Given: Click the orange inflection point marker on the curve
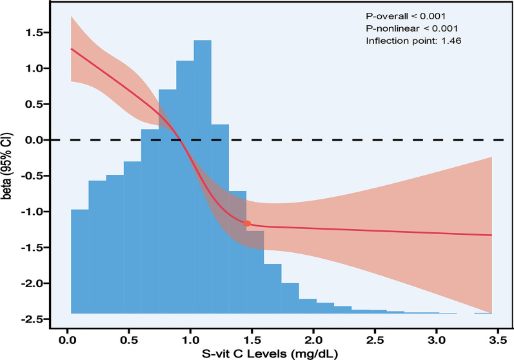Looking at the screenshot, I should point(247,223).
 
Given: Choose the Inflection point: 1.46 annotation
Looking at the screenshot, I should point(413,41).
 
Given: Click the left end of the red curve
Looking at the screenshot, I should point(71,48).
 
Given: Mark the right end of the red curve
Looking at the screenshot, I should point(492,235).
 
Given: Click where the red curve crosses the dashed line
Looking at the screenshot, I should point(182,139).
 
